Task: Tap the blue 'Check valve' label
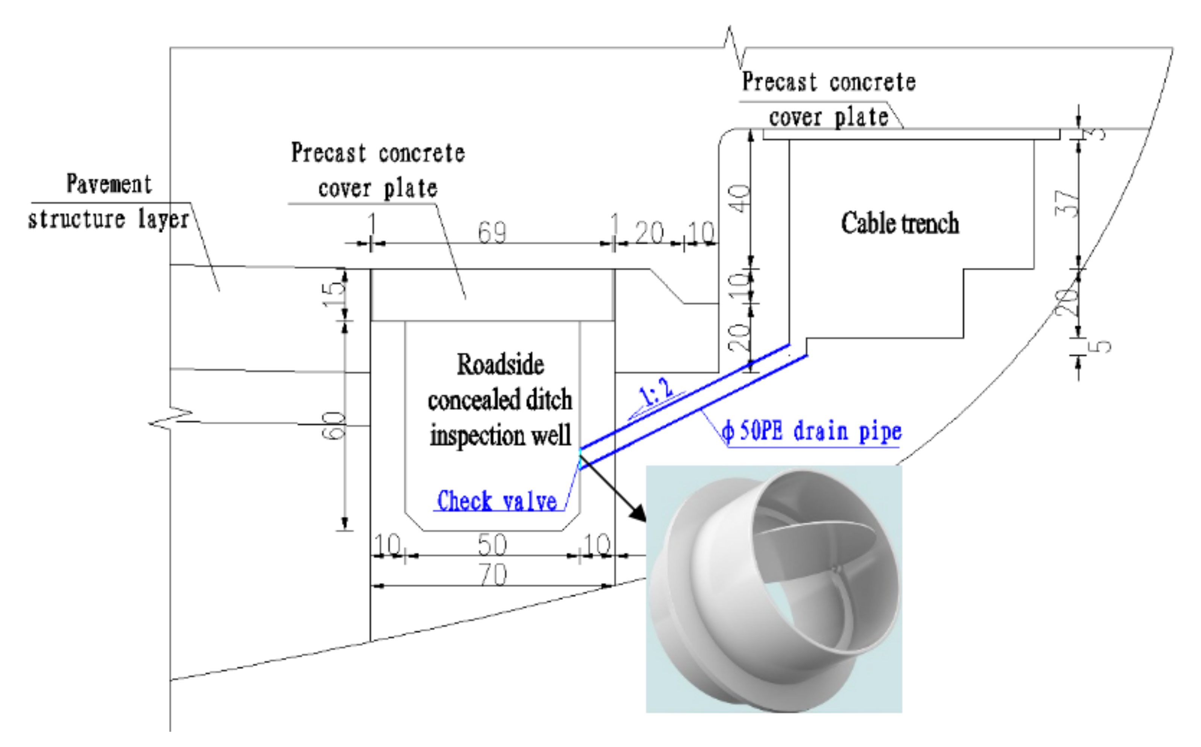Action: point(497,501)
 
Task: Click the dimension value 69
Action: point(492,232)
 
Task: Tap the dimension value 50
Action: point(492,544)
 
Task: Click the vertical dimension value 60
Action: point(334,425)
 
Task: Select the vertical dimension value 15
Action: point(334,295)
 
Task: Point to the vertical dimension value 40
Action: point(739,199)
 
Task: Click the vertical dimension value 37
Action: point(1067,203)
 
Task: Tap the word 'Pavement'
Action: point(109,184)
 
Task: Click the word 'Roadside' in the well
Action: point(500,364)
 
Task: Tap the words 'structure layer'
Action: point(108,219)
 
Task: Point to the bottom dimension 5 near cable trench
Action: point(1100,346)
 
